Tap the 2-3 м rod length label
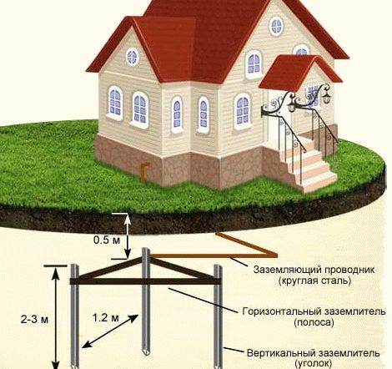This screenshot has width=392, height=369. [34, 320]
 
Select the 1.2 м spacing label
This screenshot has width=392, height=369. [106, 317]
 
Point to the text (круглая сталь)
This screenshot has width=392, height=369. [314, 281]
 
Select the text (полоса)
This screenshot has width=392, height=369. [314, 322]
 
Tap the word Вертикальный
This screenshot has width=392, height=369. [281, 353]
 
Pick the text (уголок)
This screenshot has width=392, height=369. [314, 363]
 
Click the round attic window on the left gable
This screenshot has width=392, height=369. [133, 57]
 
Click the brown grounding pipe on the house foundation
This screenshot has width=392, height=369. [144, 173]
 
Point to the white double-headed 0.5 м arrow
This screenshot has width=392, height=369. [127, 236]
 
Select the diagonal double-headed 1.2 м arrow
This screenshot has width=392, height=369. [110, 331]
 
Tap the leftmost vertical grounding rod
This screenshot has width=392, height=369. [74, 316]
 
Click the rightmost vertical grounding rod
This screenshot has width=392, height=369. [218, 316]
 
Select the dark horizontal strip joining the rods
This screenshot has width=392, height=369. [145, 281]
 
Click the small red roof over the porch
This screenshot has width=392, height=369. [302, 71]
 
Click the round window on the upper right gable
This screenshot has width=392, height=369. [276, 26]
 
